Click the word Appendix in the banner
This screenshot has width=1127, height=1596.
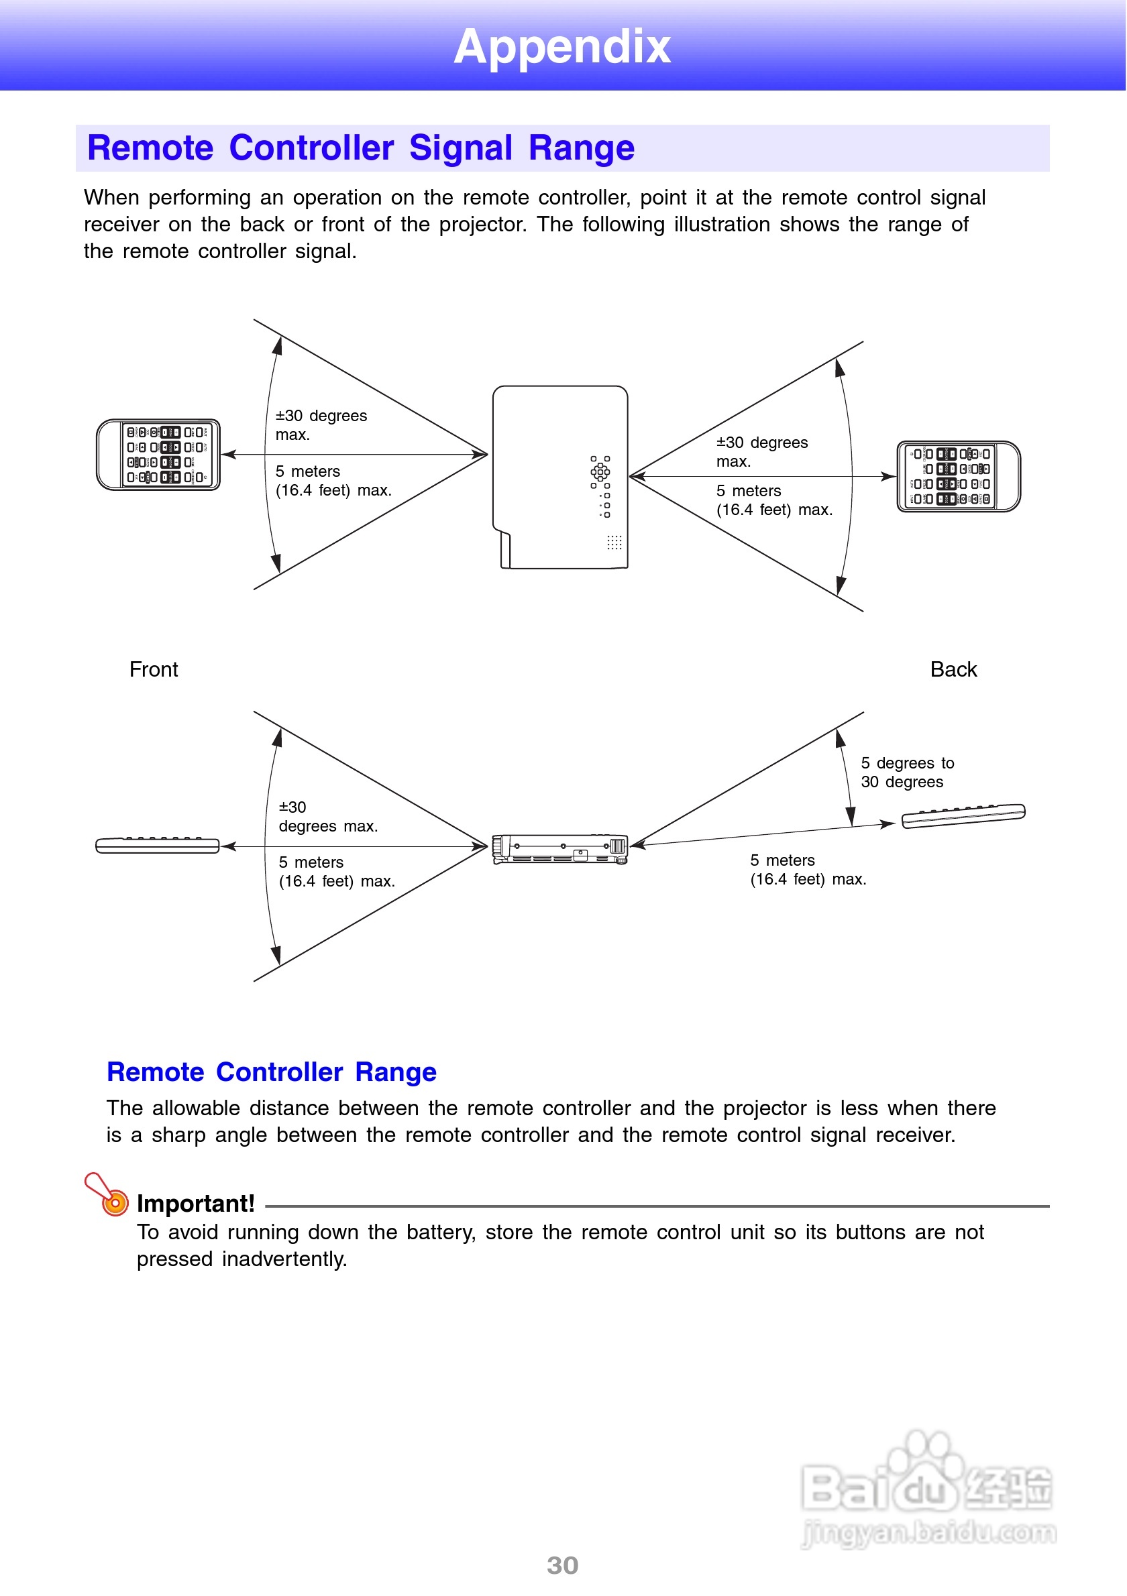(x=561, y=46)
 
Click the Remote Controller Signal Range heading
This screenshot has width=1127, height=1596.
(x=360, y=148)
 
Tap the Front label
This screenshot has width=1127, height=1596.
(x=154, y=669)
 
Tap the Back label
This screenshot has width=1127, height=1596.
(x=953, y=669)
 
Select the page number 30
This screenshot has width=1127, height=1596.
(x=562, y=1565)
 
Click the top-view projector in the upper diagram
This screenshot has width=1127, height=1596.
(x=559, y=477)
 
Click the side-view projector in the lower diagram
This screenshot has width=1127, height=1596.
(x=559, y=848)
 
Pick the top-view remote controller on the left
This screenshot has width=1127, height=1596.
(x=158, y=455)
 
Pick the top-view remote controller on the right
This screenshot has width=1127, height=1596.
(x=958, y=477)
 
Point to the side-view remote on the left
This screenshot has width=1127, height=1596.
(x=158, y=845)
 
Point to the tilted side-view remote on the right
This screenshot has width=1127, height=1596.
(x=963, y=815)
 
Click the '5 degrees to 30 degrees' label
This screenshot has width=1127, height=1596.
(x=907, y=773)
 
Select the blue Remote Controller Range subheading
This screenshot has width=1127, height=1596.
(x=271, y=1072)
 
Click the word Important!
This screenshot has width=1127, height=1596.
(x=195, y=1203)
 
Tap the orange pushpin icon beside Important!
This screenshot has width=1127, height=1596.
(x=108, y=1194)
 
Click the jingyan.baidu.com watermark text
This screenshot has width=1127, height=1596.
(x=929, y=1532)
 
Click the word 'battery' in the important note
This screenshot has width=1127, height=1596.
(x=441, y=1233)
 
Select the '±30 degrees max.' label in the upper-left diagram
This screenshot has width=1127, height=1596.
(x=321, y=424)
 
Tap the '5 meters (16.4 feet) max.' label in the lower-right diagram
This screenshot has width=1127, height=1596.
(x=808, y=870)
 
